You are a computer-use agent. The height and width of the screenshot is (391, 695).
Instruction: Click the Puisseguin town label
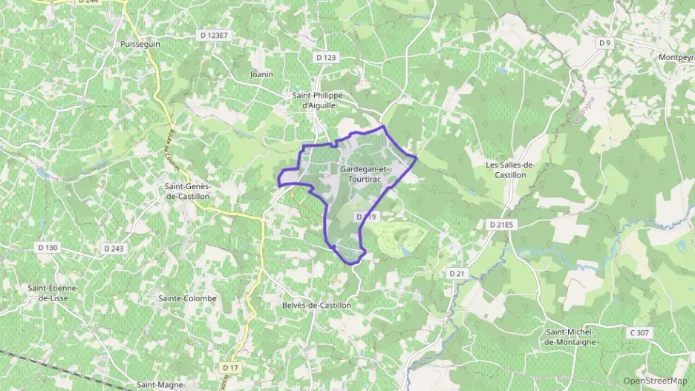point(140,45)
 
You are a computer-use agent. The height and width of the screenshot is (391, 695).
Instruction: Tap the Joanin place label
point(261,74)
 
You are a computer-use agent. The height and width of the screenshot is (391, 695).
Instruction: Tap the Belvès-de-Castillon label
point(316,305)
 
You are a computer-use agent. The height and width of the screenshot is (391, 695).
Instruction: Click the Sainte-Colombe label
point(187,298)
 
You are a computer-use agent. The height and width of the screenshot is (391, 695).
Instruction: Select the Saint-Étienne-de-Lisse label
point(53,293)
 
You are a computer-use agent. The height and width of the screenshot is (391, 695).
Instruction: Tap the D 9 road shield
point(604,43)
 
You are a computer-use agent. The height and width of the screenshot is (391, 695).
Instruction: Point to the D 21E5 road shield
point(503,223)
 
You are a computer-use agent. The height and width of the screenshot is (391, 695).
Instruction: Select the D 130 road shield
point(47,248)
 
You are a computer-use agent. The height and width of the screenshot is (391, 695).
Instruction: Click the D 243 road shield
point(114,248)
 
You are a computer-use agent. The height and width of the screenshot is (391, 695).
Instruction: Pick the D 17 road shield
point(230,367)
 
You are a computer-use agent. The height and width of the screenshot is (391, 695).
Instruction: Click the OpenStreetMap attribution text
point(655,381)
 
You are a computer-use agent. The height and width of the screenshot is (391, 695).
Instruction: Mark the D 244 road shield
point(88,2)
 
